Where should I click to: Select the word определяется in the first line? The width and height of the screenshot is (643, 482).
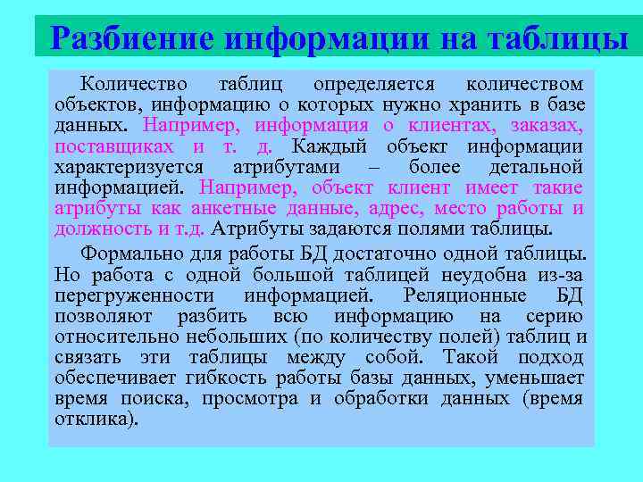tap(374, 85)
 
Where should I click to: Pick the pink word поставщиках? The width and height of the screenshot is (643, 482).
tap(114, 146)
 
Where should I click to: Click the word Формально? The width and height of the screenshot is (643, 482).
tap(125, 253)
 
